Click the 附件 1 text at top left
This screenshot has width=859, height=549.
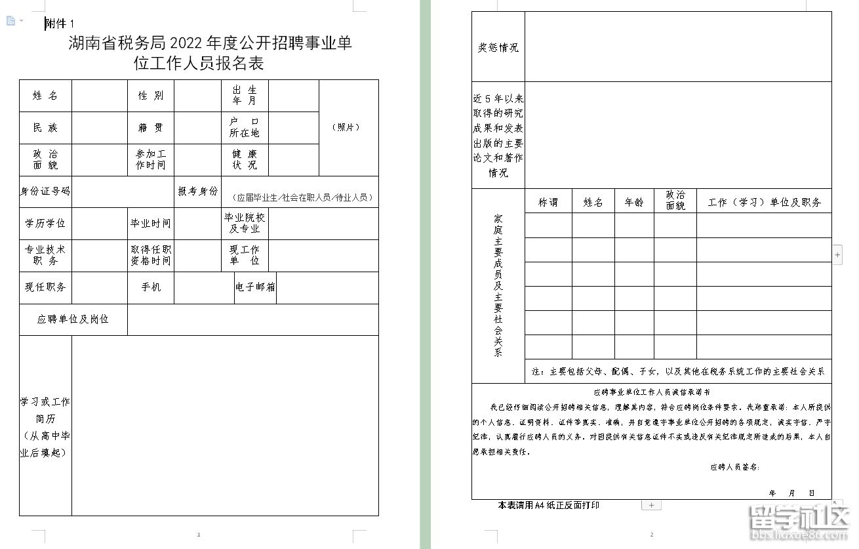pos(60,24)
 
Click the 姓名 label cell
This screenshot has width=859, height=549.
pos(45,96)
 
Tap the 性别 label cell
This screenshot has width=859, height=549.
pos(151,96)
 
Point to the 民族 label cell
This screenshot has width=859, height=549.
pos(45,128)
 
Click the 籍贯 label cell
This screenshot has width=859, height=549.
pos(151,128)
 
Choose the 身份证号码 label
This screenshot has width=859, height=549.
pos(45,192)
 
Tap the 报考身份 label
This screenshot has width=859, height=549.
pos(197,192)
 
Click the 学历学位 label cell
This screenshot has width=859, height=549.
pos(45,224)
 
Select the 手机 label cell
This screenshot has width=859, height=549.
pos(151,287)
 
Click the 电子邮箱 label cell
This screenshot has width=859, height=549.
pos(255,287)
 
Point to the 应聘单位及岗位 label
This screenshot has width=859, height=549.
pos(73,319)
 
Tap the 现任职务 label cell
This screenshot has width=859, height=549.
pos(45,287)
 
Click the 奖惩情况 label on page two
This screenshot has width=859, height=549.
pos(498,47)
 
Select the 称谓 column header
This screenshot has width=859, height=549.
pos(548,203)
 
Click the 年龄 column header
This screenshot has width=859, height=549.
pos(634,203)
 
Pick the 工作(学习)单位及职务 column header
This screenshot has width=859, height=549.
pos(764,203)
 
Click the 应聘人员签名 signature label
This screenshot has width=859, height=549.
pos(734,467)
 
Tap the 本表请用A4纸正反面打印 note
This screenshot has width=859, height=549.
pos(548,505)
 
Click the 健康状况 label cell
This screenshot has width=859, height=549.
pos(245,159)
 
